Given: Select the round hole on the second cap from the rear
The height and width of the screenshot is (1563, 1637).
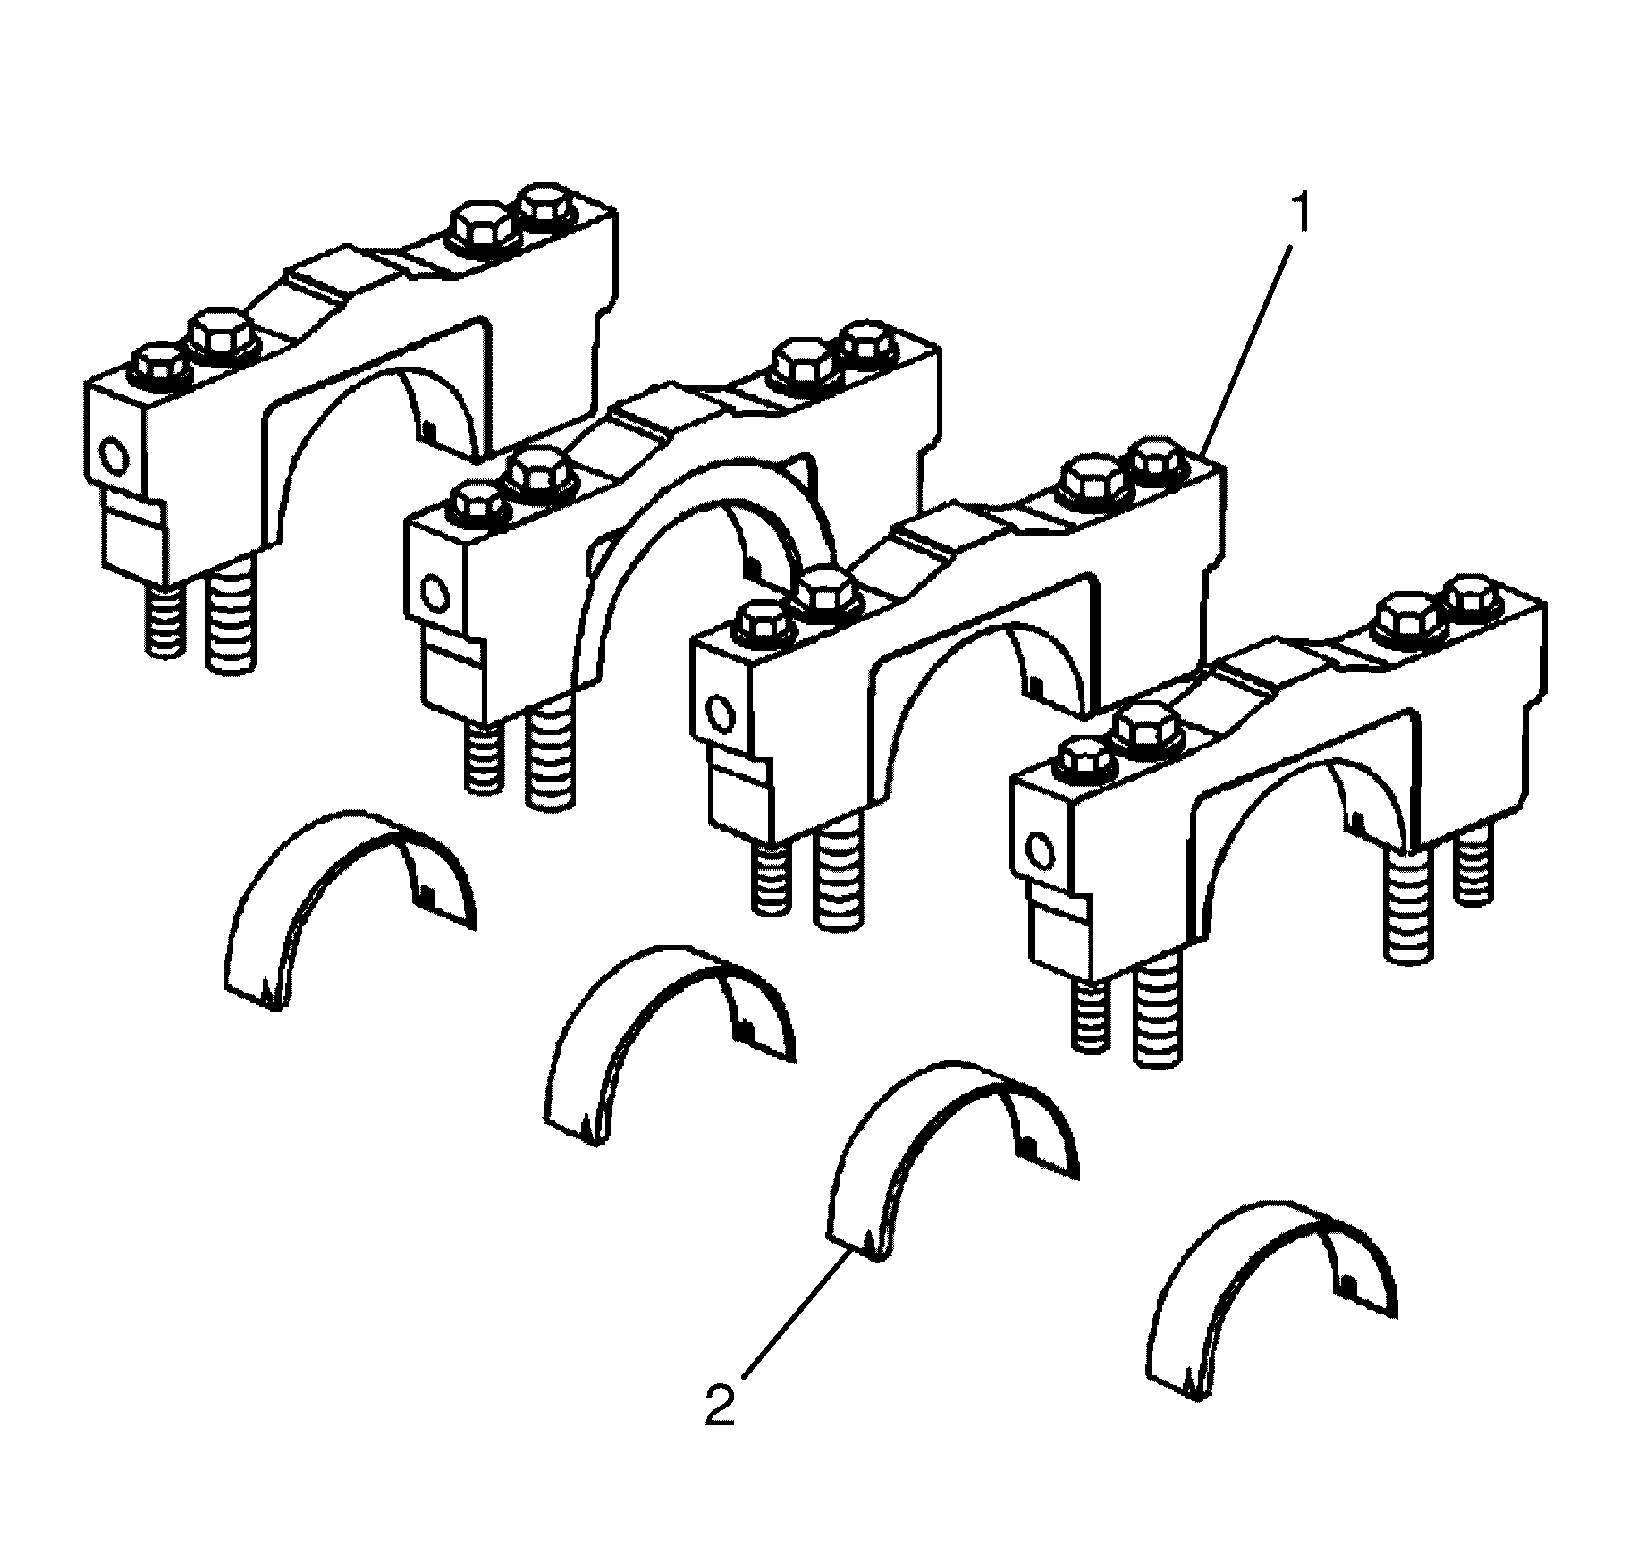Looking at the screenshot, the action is (x=435, y=593).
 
